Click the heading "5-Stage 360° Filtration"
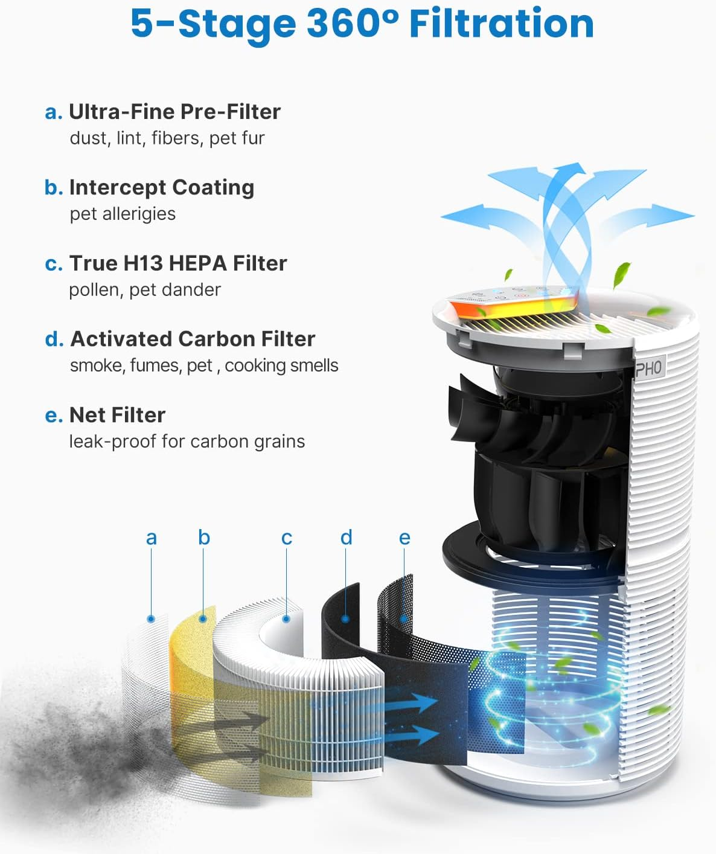(x=362, y=24)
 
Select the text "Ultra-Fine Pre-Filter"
(x=174, y=112)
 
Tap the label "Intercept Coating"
(x=161, y=187)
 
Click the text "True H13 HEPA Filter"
(x=177, y=263)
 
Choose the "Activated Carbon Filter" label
(x=193, y=339)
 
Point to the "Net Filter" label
(x=117, y=415)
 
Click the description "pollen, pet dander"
(x=144, y=290)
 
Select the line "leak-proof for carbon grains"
(x=187, y=441)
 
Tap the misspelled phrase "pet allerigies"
(x=123, y=214)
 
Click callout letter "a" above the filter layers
(x=151, y=538)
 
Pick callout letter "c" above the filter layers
(x=287, y=538)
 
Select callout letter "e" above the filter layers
(x=404, y=538)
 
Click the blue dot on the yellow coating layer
(x=203, y=618)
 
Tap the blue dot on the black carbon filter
(x=345, y=618)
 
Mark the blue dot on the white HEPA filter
(x=287, y=618)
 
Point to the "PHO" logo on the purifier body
(x=648, y=368)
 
